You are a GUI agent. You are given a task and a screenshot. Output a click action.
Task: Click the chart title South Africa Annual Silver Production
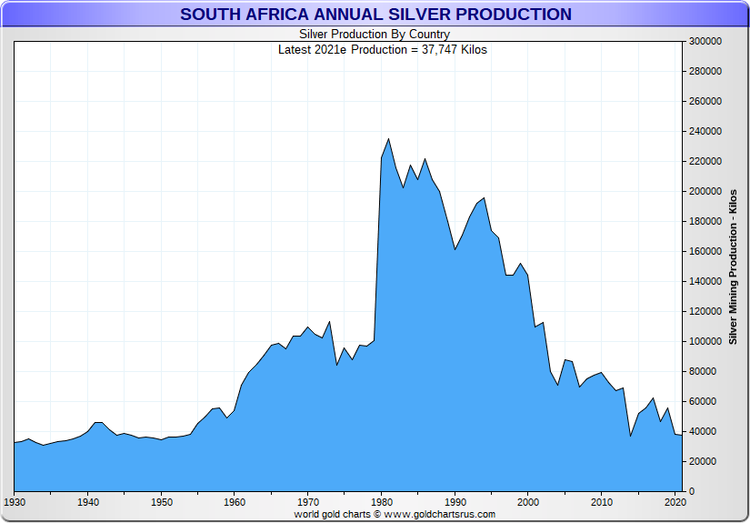tap(375, 15)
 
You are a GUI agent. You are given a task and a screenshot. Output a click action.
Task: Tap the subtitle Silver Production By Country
tap(375, 35)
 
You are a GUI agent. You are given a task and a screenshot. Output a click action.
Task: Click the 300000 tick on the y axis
tap(705, 41)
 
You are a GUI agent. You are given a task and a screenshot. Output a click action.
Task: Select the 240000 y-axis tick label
tap(705, 131)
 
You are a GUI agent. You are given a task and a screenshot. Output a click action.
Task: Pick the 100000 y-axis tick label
tap(705, 341)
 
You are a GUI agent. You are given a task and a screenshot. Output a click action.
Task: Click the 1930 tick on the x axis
tap(15, 501)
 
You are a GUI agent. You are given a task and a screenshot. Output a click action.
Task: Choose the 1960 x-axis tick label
tap(235, 501)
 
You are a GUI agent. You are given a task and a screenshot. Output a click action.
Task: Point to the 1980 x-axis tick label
tap(382, 501)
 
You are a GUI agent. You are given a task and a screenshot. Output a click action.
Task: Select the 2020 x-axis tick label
tap(675, 501)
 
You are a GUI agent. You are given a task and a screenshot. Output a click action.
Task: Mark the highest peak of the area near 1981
tap(389, 139)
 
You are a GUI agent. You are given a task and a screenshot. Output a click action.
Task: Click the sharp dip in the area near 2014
tap(631, 436)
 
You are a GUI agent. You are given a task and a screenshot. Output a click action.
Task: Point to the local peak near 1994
tap(484, 197)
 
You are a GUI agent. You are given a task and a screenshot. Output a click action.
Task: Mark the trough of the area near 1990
tap(455, 249)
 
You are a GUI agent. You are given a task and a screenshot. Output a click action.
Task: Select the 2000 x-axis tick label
tap(527, 501)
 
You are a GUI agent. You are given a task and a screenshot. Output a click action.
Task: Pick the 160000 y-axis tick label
tap(705, 251)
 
